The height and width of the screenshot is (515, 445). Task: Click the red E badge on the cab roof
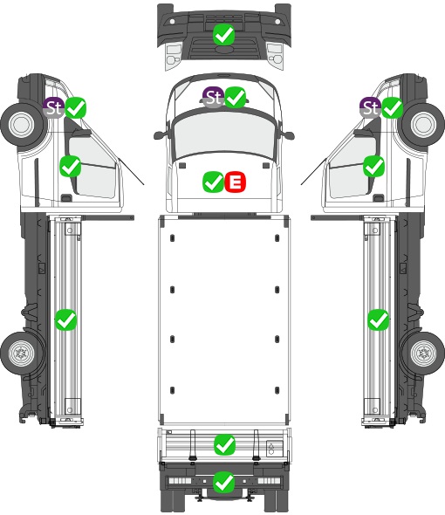pyautogui.click(x=235, y=182)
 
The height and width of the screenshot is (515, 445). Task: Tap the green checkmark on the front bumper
pyautogui.click(x=223, y=34)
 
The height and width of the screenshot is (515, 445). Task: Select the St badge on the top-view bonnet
pyautogui.click(x=214, y=97)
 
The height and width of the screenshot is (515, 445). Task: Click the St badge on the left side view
pyautogui.click(x=54, y=107)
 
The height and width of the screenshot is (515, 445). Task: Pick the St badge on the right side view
pyautogui.click(x=371, y=107)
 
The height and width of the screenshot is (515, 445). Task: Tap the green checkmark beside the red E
pyautogui.click(x=214, y=182)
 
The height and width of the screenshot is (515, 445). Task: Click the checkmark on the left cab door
pyautogui.click(x=71, y=166)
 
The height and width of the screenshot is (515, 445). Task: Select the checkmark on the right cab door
pyautogui.click(x=373, y=166)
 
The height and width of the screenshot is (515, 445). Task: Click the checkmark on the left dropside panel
pyautogui.click(x=65, y=319)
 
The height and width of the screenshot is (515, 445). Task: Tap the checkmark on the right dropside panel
pyautogui.click(x=379, y=319)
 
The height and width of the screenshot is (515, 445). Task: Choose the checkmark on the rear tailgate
pyautogui.click(x=224, y=444)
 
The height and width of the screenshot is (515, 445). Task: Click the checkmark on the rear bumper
pyautogui.click(x=224, y=482)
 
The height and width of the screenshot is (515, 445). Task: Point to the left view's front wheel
pyautogui.click(x=23, y=125)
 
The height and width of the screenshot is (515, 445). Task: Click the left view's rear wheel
pyautogui.click(x=23, y=354)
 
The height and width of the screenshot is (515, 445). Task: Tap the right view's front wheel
pyautogui.click(x=423, y=125)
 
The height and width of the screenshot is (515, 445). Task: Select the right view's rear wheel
pyautogui.click(x=423, y=354)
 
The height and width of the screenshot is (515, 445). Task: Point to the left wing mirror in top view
pyautogui.click(x=161, y=135)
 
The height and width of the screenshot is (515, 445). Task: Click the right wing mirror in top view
pyautogui.click(x=288, y=135)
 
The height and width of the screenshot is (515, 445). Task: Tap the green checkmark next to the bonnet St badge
pyautogui.click(x=235, y=97)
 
